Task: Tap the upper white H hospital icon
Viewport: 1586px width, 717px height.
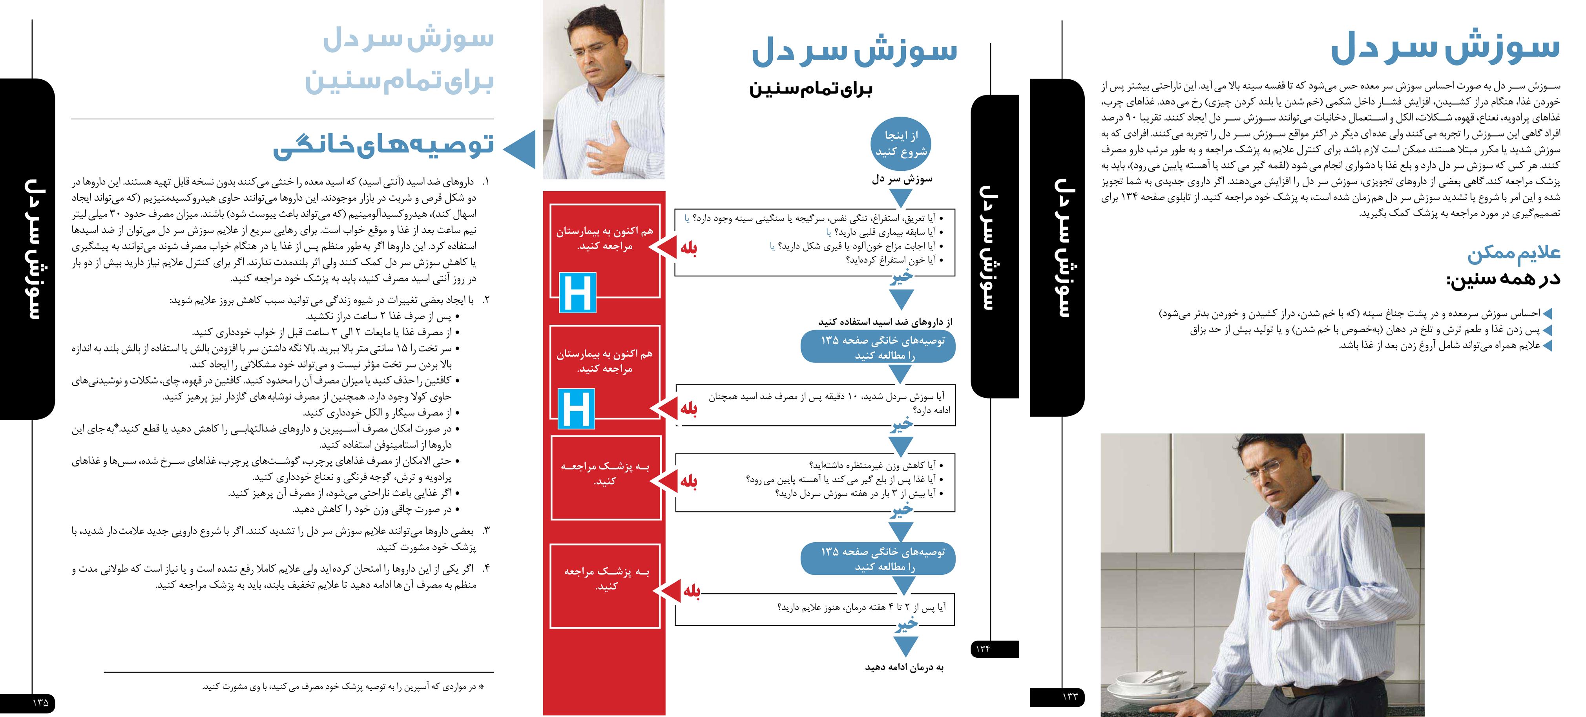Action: pos(577,292)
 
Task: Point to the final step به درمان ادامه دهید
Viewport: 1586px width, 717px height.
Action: pos(904,667)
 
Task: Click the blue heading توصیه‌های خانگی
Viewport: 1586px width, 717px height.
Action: pos(383,145)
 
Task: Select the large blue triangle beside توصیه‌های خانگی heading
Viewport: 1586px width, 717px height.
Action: pos(520,149)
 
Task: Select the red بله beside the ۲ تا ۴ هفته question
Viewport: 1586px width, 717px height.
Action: pos(692,591)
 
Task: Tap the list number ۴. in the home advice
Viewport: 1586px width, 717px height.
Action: pos(486,568)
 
